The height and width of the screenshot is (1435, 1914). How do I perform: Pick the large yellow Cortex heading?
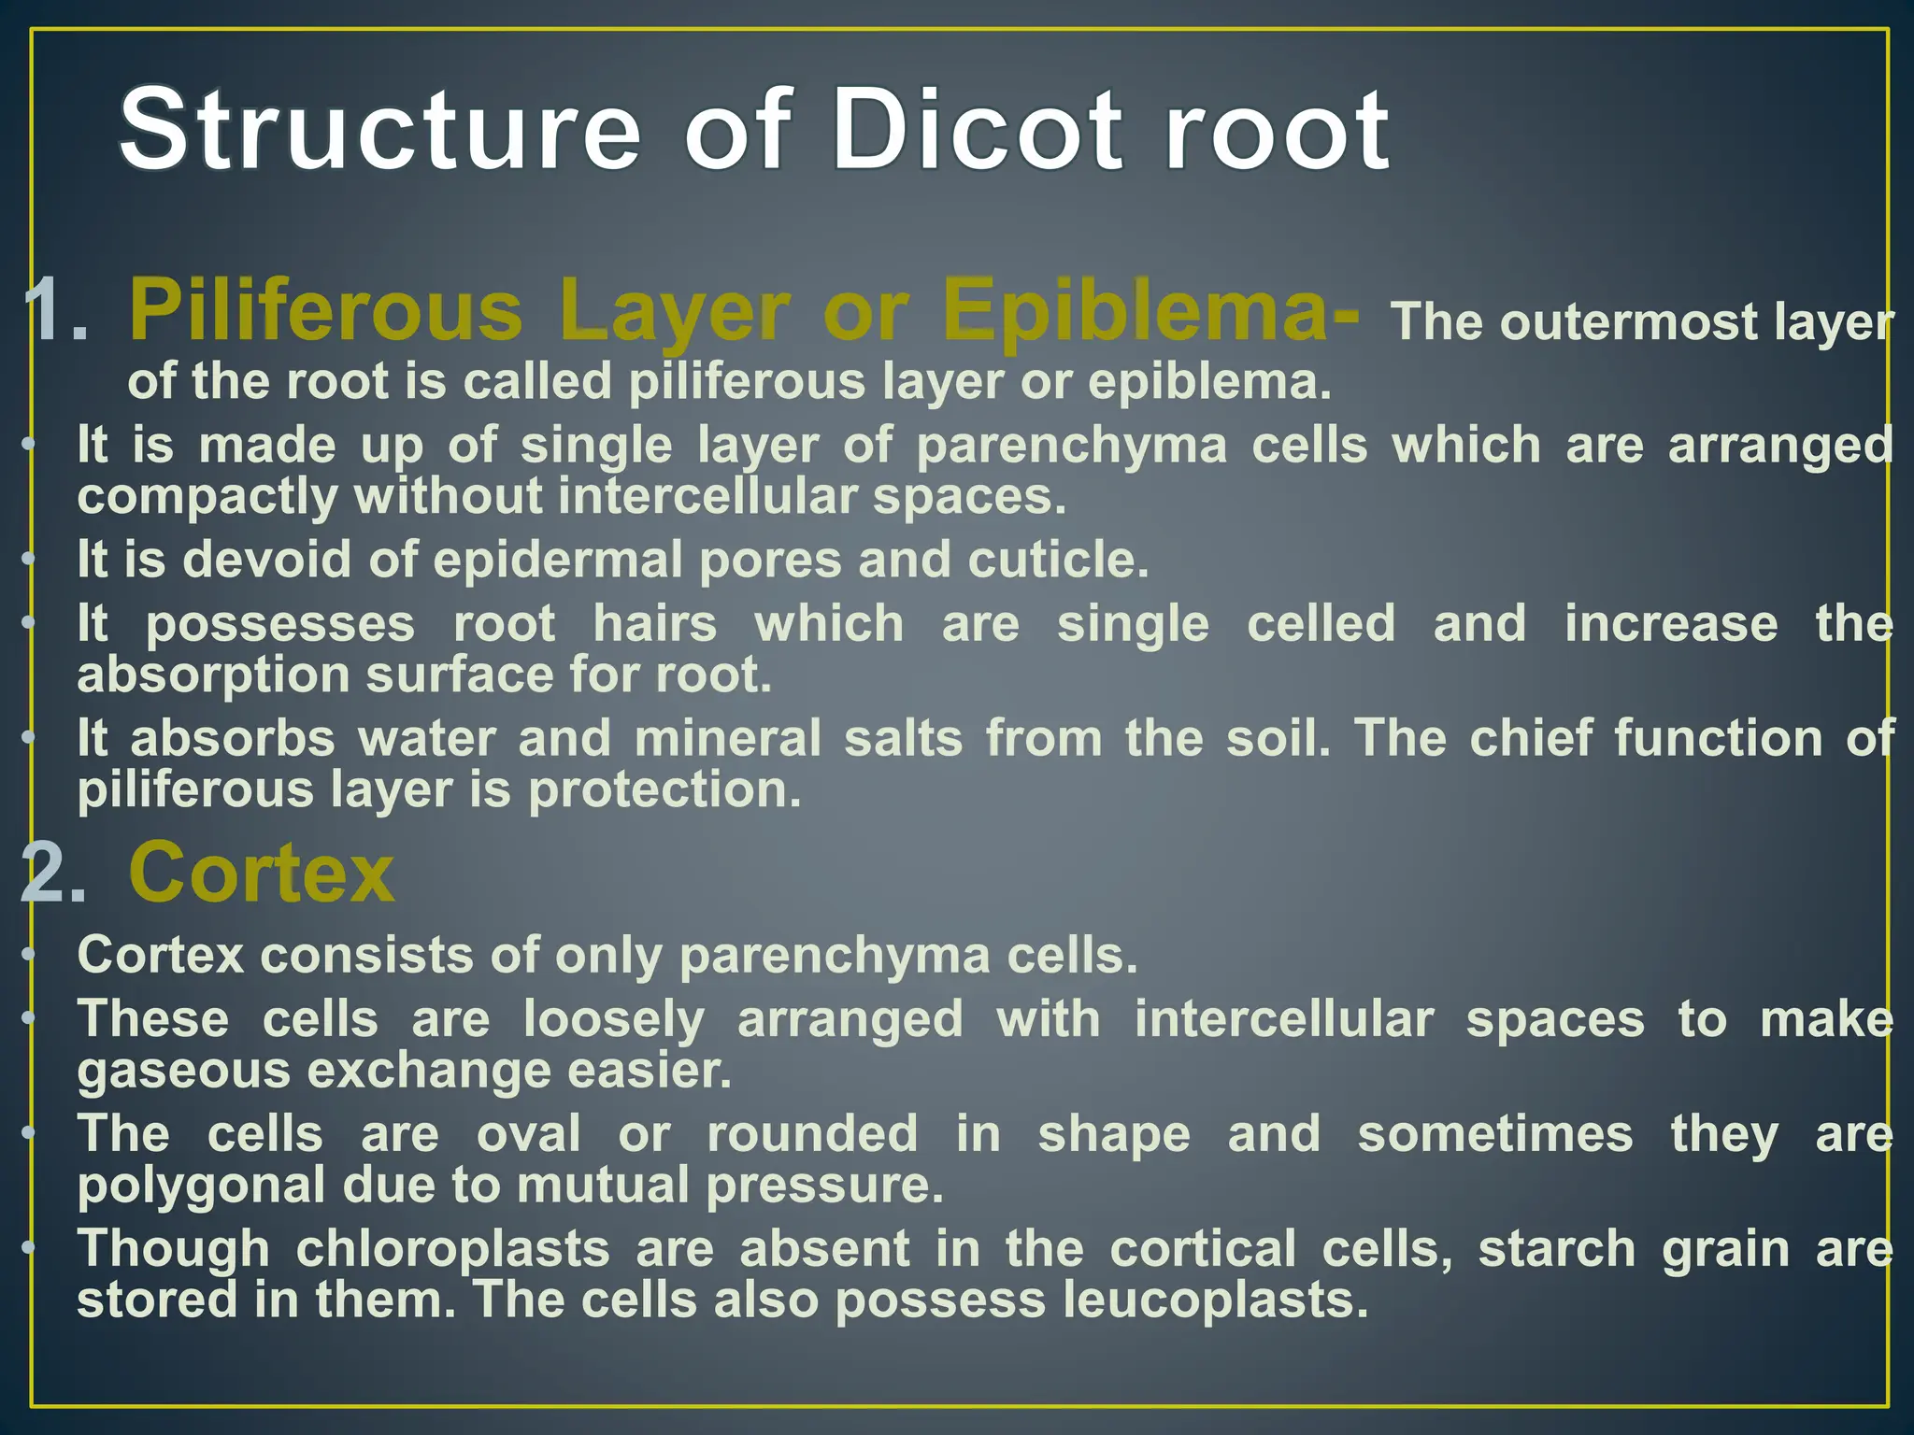tap(262, 873)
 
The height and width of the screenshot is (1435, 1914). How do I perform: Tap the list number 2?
tap(52, 874)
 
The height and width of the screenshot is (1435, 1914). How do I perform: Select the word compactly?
tap(207, 496)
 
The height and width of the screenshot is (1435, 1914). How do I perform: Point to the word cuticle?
tap(1057, 560)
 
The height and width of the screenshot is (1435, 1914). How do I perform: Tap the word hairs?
tap(655, 623)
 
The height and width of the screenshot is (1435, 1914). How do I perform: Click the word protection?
tap(664, 789)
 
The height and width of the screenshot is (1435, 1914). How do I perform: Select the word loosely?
tap(613, 1019)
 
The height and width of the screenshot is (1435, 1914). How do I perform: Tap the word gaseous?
tap(183, 1071)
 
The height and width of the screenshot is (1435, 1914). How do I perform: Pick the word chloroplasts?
tap(452, 1249)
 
